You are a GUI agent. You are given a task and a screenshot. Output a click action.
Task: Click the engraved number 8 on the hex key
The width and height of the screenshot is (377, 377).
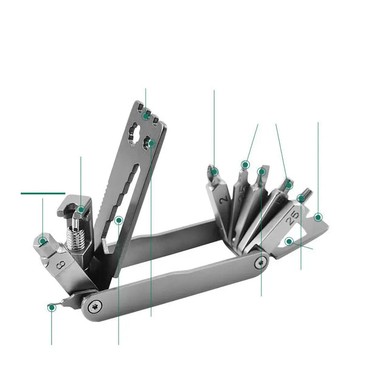click(x=60, y=265)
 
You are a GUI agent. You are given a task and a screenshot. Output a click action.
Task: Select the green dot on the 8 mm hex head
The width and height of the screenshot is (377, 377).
click(x=43, y=241)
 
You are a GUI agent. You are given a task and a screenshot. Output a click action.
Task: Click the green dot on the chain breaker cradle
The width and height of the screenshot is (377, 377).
click(x=81, y=210)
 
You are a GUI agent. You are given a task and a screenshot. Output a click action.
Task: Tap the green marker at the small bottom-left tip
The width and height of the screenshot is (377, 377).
click(x=52, y=308)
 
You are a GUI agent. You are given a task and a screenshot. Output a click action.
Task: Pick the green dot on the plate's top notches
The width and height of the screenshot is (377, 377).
click(x=146, y=116)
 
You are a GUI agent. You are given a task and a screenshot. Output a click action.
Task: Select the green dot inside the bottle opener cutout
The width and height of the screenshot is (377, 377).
click(x=289, y=241)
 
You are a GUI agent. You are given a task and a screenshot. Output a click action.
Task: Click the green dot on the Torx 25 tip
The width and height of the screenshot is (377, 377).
click(x=301, y=198)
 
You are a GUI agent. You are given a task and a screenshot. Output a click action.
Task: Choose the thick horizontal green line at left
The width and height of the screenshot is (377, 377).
click(x=43, y=193)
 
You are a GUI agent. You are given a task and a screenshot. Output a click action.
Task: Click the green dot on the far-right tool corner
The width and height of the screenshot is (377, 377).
click(x=318, y=217)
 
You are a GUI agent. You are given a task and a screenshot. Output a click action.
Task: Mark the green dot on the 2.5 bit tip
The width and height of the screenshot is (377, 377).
click(x=245, y=165)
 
